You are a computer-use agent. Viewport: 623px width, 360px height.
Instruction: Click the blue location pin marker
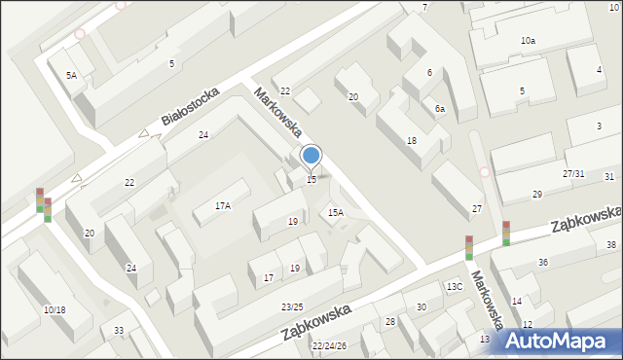[311, 156]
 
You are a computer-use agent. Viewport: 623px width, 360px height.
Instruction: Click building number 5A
[71, 75]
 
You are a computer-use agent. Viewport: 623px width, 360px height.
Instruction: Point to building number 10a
[528, 41]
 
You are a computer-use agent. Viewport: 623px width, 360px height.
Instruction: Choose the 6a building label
[440, 109]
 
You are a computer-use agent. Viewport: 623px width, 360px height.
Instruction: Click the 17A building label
[223, 206]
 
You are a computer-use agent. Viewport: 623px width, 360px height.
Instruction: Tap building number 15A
[335, 212]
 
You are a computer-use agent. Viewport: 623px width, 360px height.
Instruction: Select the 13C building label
[455, 286]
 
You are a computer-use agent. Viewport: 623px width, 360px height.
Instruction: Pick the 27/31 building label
[573, 173]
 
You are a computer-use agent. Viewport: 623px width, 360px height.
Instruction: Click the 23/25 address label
[292, 307]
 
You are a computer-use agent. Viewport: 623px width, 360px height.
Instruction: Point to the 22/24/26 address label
[329, 345]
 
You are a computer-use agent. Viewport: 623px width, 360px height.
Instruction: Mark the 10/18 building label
[55, 309]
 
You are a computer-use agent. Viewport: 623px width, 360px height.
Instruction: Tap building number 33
[118, 331]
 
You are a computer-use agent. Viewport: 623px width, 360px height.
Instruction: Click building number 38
[611, 245]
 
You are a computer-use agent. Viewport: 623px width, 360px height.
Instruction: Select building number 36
[543, 263]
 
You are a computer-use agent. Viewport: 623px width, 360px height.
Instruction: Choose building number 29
[536, 195]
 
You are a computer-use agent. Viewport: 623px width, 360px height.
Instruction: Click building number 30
[421, 307]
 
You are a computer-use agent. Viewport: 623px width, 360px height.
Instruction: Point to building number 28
[390, 321]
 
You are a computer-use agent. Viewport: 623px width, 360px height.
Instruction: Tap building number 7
[424, 8]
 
